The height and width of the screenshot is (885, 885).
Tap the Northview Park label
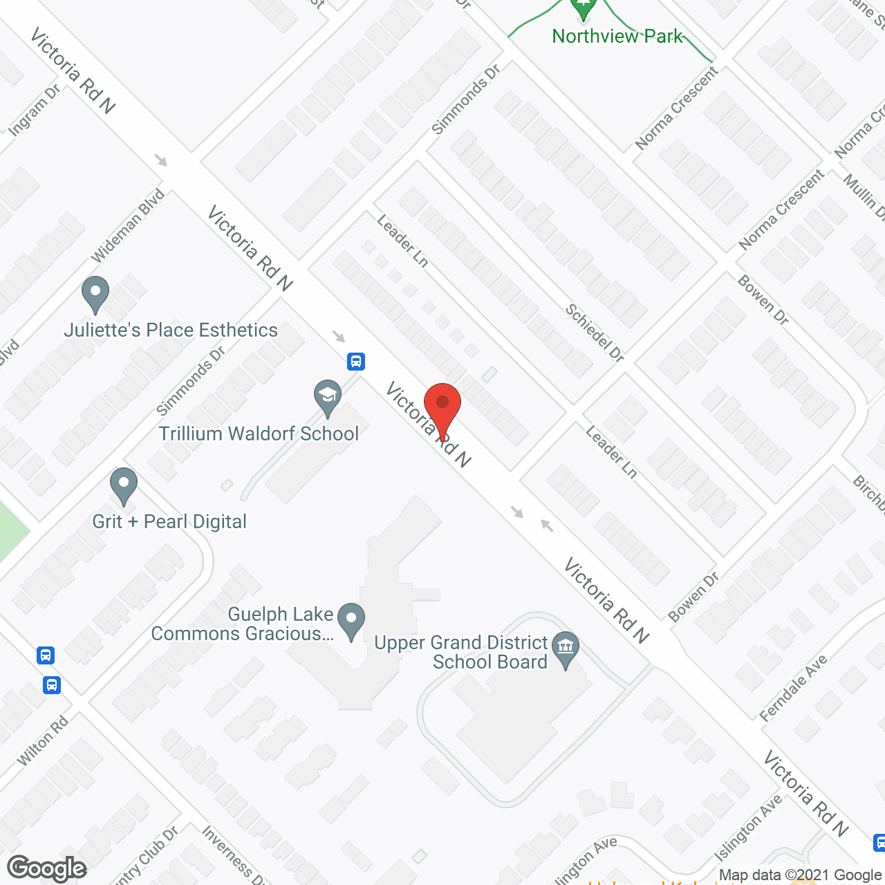(x=617, y=36)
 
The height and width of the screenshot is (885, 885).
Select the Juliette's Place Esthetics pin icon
(x=95, y=294)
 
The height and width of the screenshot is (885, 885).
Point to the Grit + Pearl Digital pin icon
(x=124, y=485)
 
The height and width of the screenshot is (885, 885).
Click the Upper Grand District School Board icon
(x=566, y=649)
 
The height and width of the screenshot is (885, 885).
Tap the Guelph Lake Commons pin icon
(x=351, y=620)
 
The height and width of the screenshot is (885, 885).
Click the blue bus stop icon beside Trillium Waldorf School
(x=356, y=361)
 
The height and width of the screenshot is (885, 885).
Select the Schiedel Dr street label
(x=595, y=333)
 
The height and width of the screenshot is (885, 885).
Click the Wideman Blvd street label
(x=128, y=225)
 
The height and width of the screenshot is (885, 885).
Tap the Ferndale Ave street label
(x=793, y=689)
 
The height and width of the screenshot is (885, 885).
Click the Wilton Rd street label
(x=43, y=741)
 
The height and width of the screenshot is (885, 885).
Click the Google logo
(x=47, y=868)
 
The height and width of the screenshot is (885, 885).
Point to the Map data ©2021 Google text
(x=801, y=875)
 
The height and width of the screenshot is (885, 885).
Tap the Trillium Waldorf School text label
(x=259, y=434)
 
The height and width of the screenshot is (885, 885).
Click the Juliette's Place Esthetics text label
(x=171, y=330)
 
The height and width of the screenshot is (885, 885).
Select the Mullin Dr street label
(x=864, y=197)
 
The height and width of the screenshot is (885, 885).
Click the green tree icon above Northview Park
(x=583, y=9)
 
